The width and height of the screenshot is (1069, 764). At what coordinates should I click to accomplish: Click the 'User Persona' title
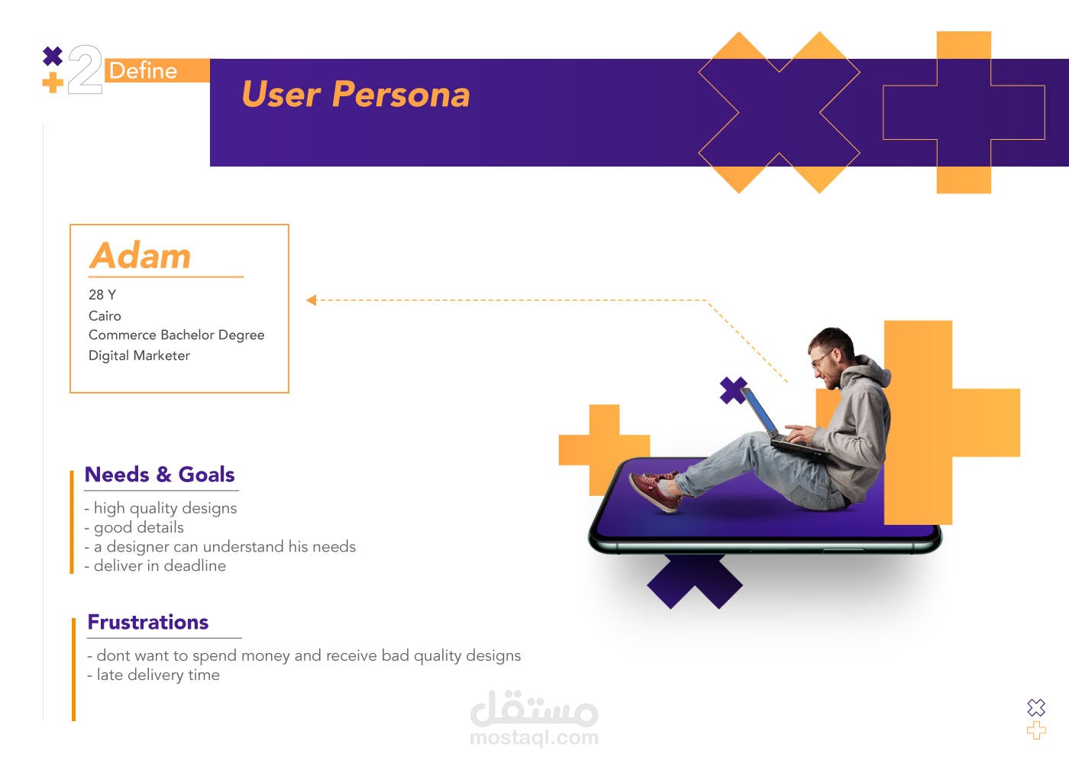coord(356,93)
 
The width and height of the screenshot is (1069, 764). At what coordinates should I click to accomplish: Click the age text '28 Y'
coord(102,295)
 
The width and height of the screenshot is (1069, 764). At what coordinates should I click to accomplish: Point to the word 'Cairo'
coord(105,316)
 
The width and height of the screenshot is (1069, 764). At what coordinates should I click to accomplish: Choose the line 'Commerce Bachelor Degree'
coord(176,335)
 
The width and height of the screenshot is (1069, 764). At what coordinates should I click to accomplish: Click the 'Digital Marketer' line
coord(139,355)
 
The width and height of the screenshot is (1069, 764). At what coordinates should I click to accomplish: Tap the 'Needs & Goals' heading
coord(160,474)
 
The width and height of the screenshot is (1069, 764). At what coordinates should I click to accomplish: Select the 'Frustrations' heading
coord(148,622)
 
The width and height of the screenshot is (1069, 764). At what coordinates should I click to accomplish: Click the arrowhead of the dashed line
coord(312,299)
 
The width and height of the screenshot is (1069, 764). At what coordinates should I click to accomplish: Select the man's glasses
coord(822,358)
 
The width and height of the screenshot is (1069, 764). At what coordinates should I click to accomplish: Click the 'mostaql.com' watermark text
coord(534,738)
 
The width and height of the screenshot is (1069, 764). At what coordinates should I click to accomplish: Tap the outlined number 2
coord(85,70)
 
